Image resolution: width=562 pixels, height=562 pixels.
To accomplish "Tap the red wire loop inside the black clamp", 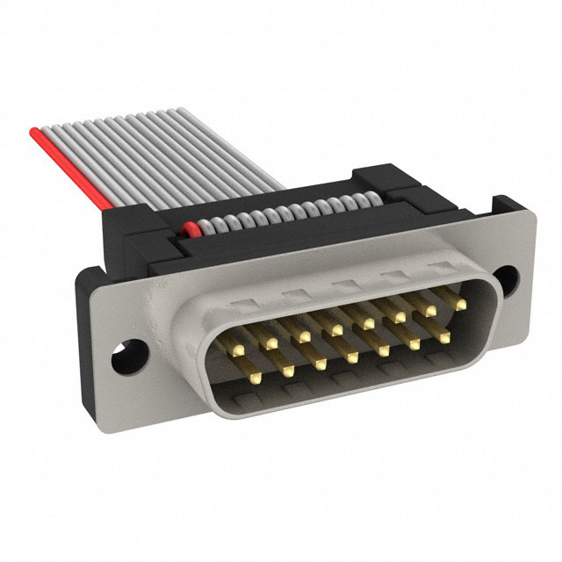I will [188, 230].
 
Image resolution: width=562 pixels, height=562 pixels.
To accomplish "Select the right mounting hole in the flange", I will [507, 279].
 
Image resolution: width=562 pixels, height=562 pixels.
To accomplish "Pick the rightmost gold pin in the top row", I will [459, 304].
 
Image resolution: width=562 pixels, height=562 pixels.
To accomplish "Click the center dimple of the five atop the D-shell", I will [338, 283].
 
